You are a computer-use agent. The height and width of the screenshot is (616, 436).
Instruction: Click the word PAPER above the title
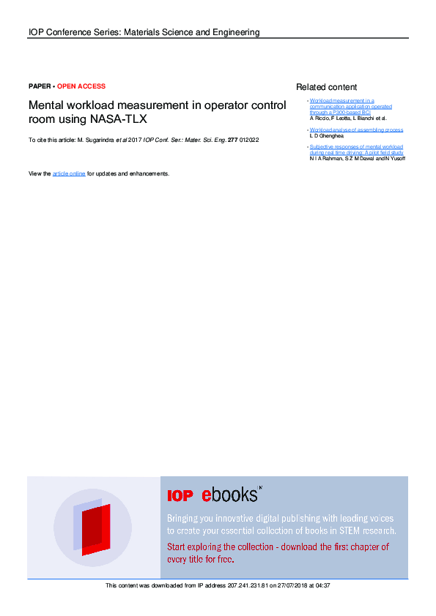40,86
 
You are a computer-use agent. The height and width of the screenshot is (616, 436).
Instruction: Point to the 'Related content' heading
326,87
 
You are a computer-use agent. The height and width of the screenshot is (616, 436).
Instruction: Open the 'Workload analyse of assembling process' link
356,129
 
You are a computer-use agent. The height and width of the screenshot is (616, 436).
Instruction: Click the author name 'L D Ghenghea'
327,135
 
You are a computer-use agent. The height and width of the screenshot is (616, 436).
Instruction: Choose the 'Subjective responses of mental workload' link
356,147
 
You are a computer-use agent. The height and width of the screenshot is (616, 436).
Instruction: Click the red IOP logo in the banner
180,496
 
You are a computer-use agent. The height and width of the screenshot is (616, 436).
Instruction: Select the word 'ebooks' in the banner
230,495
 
